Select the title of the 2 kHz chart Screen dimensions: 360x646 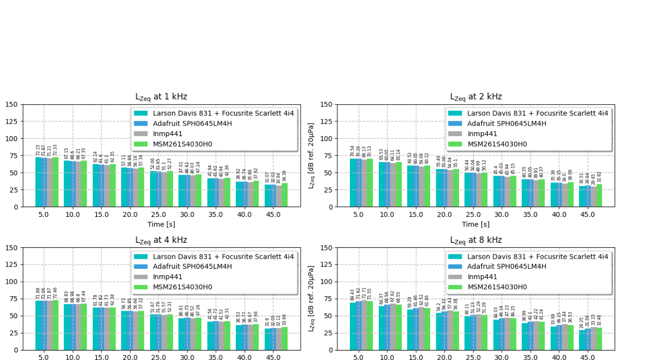pyautogui.click(x=476, y=97)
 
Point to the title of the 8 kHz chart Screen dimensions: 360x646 pyautogui.click(x=476, y=240)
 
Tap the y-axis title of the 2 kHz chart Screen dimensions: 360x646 pyautogui.click(x=312, y=156)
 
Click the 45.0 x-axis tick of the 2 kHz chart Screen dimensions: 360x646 pyautogui.click(x=587, y=214)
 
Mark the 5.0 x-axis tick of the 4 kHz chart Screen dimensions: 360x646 pyautogui.click(x=43, y=357)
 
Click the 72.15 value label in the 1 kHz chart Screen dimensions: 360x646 pyautogui.click(x=38, y=150)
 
